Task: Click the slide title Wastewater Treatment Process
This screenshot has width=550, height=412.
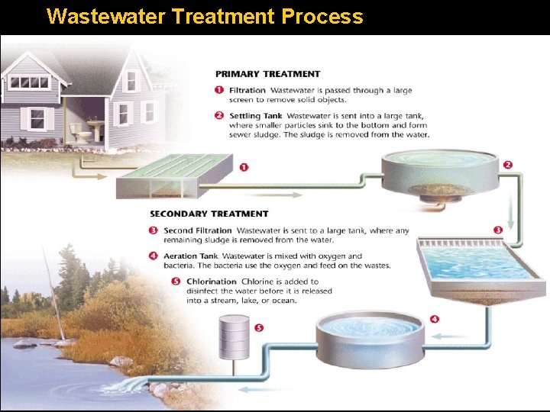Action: pos(205,16)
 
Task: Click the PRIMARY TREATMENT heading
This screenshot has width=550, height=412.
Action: pos(267,74)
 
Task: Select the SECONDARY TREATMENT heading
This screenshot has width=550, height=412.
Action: pos(209,214)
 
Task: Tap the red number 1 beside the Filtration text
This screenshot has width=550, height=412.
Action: pos(219,91)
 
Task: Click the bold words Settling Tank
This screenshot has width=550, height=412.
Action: pos(255,116)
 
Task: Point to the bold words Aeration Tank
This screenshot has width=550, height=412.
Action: pos(191,256)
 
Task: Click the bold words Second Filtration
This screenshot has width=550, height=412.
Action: pos(197,230)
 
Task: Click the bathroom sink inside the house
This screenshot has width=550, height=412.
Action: pos(95,124)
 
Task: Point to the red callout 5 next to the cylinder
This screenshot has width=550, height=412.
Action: pos(258,328)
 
